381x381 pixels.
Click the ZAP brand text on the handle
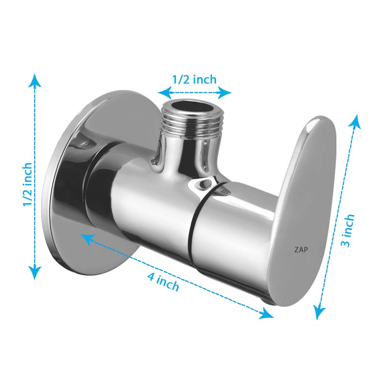coord(301,250)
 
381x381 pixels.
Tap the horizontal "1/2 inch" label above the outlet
coord(194,80)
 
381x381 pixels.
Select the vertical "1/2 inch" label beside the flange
coord(27,184)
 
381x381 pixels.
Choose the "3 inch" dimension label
coord(347,230)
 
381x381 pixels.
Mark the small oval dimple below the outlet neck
coord(201,184)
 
